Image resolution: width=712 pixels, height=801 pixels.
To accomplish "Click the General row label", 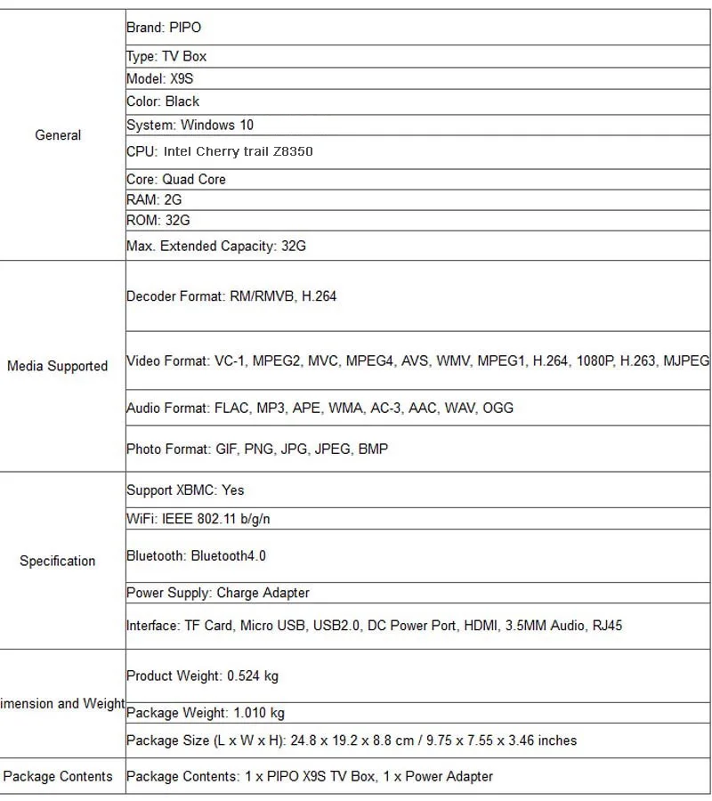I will click(58, 135).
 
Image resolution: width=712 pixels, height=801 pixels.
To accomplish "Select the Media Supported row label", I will click(57, 366).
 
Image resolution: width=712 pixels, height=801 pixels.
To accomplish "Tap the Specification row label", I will click(57, 561).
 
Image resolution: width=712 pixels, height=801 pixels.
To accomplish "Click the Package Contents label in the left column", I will click(58, 776).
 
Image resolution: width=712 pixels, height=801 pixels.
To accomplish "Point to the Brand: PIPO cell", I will click(164, 28).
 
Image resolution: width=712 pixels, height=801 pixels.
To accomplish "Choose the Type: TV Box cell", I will click(166, 56).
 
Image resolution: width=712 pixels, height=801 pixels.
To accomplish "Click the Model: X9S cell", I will click(160, 78).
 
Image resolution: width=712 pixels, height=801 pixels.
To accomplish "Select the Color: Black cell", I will click(163, 101).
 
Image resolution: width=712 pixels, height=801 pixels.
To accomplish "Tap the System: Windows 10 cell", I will click(190, 125).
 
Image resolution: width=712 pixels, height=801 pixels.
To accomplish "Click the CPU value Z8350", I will click(293, 151).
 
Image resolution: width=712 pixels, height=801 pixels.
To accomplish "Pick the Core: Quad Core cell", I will click(176, 179).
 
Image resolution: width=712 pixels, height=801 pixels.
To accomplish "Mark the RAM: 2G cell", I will click(154, 199).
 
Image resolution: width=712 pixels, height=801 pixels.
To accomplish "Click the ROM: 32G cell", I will click(158, 220).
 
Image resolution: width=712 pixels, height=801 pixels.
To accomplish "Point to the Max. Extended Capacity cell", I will click(216, 246).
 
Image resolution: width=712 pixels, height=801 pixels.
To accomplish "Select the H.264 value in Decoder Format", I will click(318, 296).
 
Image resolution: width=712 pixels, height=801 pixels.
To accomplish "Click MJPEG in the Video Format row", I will click(686, 360).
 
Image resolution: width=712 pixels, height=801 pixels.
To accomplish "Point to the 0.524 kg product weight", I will click(253, 676).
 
